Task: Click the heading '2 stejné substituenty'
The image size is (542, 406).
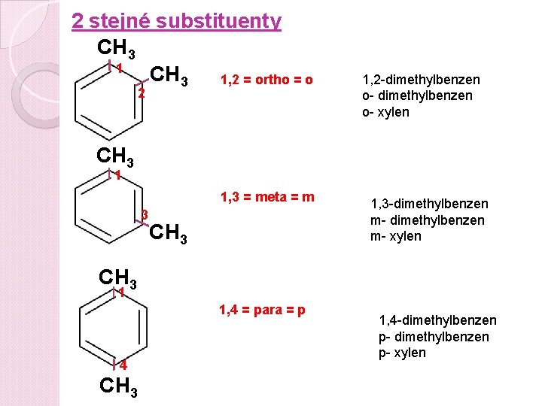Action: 176,21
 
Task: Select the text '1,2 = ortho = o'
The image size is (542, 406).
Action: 266,80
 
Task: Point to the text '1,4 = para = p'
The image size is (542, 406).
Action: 262,309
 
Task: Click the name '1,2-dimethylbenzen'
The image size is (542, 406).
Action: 421,80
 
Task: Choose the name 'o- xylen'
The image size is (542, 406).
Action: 386,112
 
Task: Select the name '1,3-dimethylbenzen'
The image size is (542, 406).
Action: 429,204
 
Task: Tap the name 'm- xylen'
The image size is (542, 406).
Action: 396,236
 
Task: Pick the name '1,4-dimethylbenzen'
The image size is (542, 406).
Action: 437,321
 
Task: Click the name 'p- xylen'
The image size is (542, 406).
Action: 402,353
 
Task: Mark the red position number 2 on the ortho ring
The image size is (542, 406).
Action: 141,94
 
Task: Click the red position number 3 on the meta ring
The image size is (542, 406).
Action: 144,214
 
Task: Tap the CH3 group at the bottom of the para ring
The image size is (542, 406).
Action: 118,387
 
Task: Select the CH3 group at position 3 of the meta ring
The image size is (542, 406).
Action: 169,234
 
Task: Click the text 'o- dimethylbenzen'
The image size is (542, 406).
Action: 418,95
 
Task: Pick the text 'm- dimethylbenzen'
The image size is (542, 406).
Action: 427,220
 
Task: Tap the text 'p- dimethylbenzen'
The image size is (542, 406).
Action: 434,337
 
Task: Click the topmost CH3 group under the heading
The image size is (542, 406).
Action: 117,49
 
